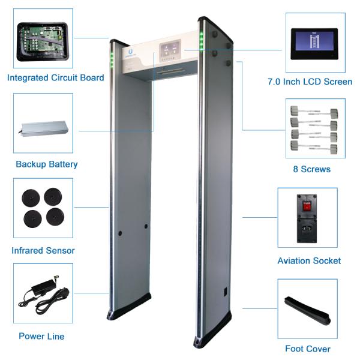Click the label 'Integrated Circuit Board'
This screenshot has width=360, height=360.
(x=56, y=78)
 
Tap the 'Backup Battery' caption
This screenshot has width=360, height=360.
(x=47, y=164)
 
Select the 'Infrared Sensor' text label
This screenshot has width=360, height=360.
(x=43, y=250)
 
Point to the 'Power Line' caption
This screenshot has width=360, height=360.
(x=41, y=337)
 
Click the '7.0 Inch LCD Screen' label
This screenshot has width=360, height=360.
(x=310, y=82)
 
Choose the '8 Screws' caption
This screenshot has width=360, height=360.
(x=312, y=169)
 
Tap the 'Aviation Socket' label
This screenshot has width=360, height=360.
(x=309, y=261)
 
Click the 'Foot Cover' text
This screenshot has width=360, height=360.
(x=308, y=349)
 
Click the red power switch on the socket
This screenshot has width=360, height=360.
(x=307, y=205)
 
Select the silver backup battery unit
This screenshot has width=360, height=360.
(x=44, y=128)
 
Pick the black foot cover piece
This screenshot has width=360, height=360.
(x=307, y=311)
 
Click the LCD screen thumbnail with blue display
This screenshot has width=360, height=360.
(x=314, y=44)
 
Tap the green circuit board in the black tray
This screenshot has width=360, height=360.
(x=43, y=39)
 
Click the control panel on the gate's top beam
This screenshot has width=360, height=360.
(x=170, y=51)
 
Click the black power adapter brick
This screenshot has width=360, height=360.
(x=42, y=286)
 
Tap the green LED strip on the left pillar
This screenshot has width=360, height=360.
(x=112, y=61)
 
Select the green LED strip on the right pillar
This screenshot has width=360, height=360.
(x=202, y=41)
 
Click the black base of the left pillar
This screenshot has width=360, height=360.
(x=129, y=307)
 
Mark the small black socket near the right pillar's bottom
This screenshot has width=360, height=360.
(x=226, y=292)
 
